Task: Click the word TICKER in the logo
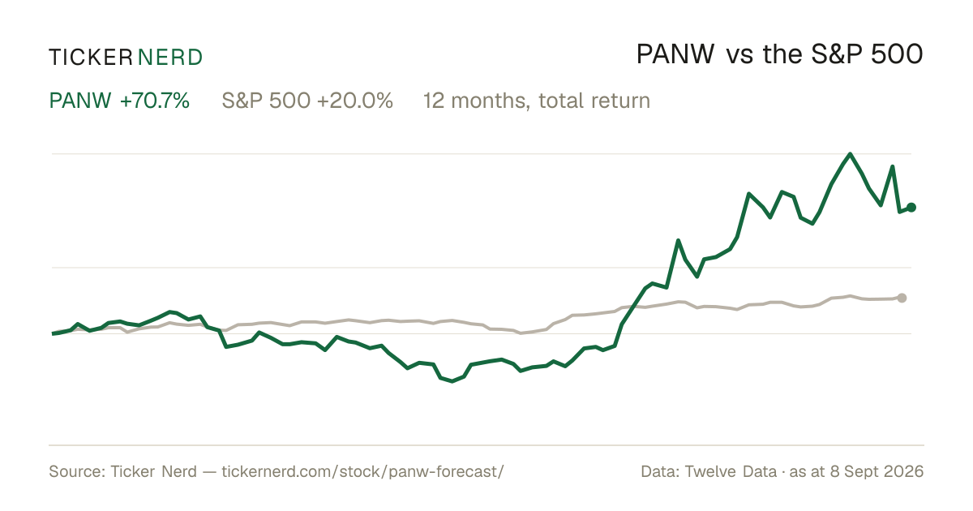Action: (x=91, y=58)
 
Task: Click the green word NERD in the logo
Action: (x=170, y=58)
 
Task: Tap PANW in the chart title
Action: (x=675, y=54)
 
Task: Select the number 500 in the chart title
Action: (x=897, y=54)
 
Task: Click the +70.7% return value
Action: (x=155, y=101)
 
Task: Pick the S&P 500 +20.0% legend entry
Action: (x=307, y=101)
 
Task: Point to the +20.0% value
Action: (x=355, y=101)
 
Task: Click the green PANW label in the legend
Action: (x=80, y=101)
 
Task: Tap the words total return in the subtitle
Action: (x=594, y=101)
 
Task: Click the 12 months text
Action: (x=477, y=101)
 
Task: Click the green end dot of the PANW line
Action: (x=911, y=208)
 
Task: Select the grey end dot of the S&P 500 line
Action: (x=902, y=298)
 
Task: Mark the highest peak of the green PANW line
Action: (x=850, y=154)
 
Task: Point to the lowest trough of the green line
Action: (x=452, y=381)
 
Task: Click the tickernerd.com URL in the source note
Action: (x=362, y=471)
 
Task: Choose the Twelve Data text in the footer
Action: (x=731, y=471)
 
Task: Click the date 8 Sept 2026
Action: (x=877, y=471)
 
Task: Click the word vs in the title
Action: (x=739, y=57)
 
